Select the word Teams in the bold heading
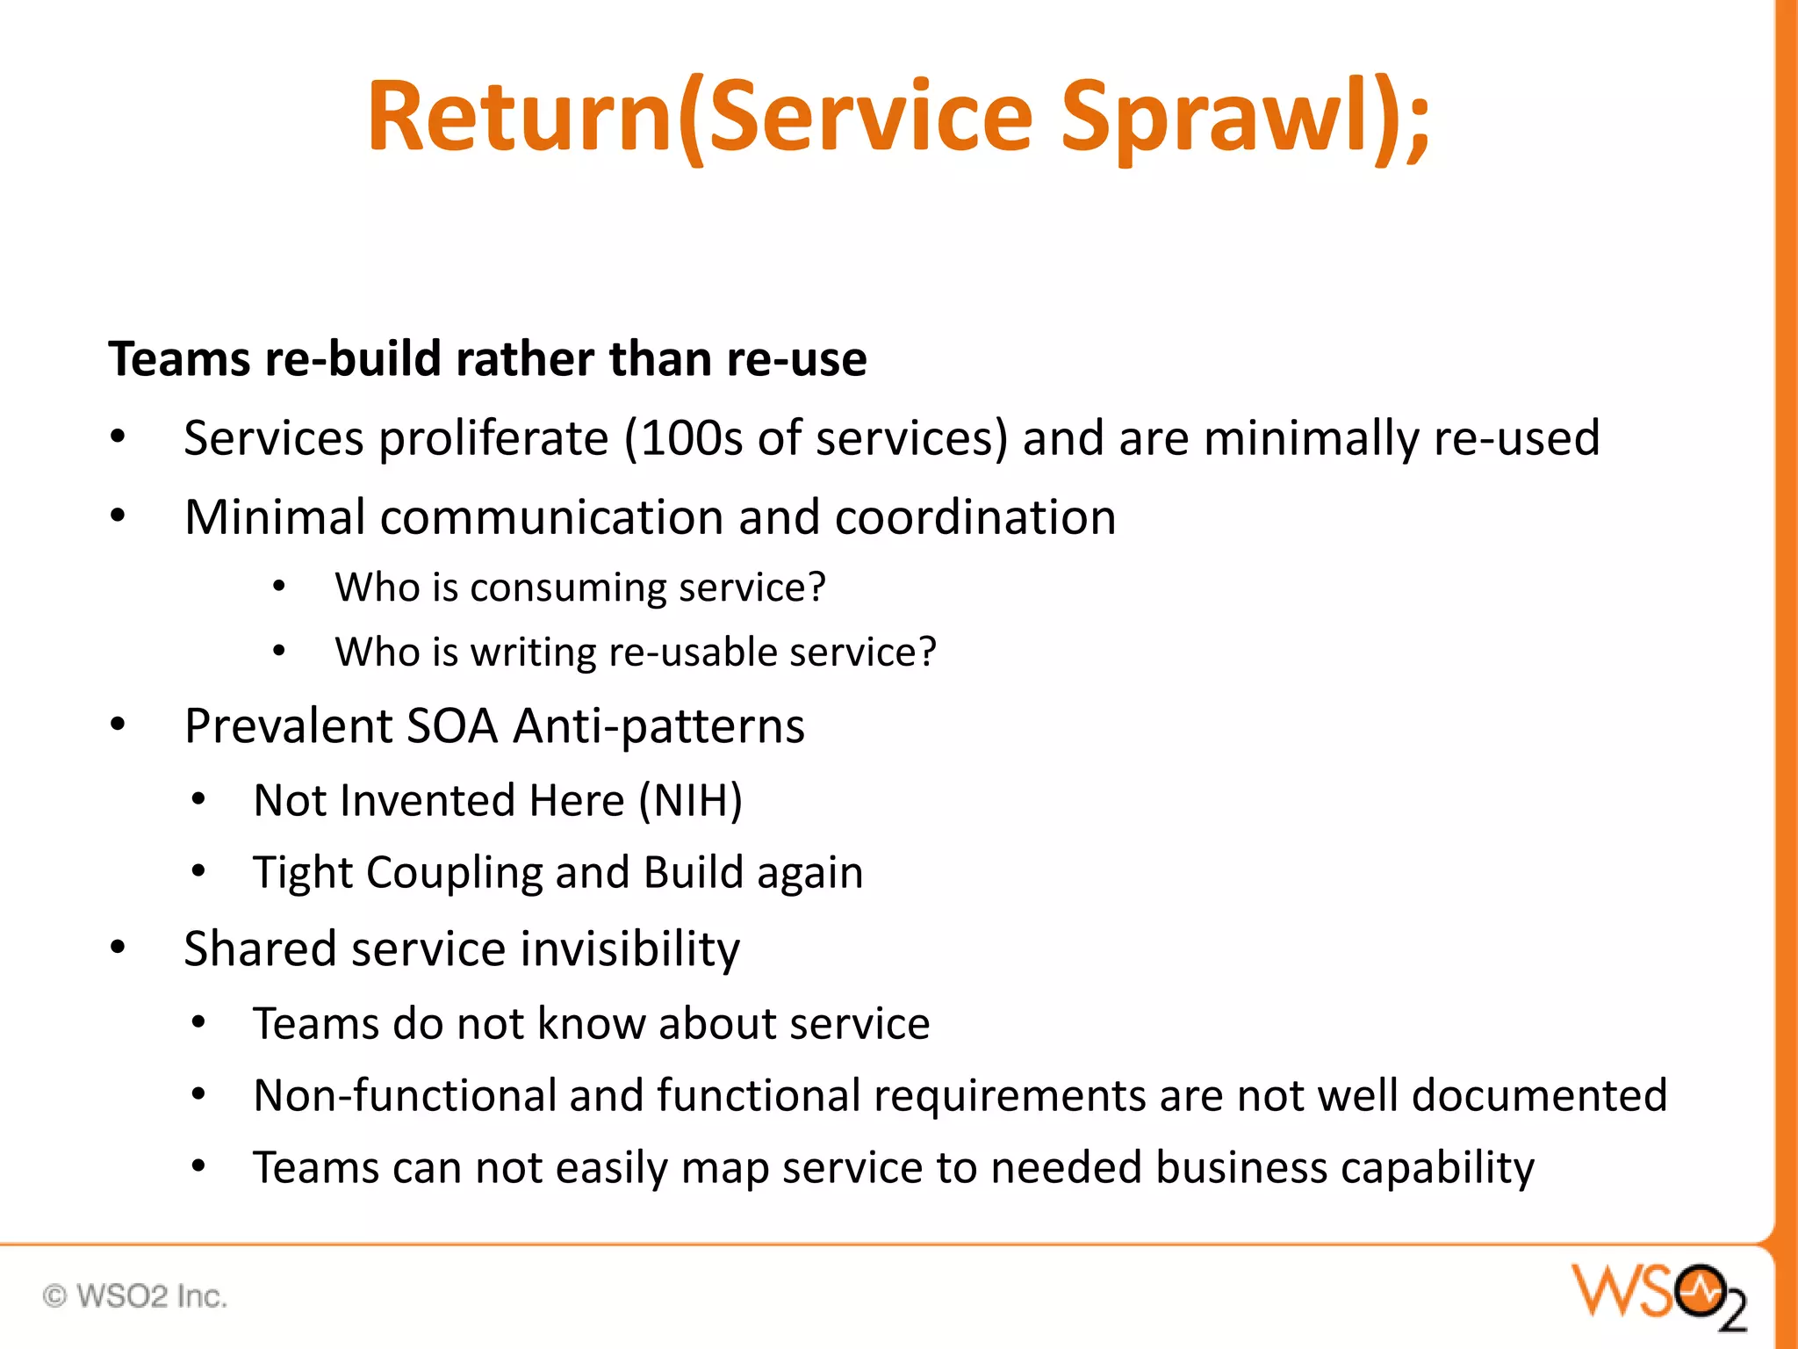(179, 359)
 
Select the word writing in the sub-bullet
(534, 653)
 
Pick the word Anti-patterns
(659, 726)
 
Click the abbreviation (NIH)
(691, 800)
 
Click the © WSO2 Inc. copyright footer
(135, 1296)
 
